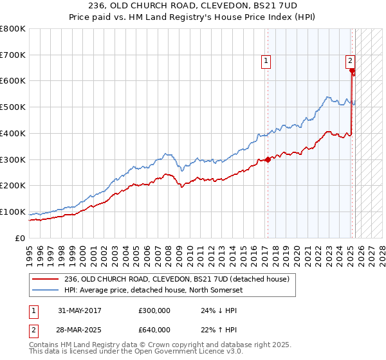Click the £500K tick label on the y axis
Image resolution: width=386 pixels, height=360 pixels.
pos(12,107)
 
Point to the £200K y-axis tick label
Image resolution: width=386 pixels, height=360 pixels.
pos(12,186)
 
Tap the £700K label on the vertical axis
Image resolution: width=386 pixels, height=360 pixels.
pos(12,55)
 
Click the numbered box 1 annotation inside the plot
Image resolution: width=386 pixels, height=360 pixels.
pos(266,61)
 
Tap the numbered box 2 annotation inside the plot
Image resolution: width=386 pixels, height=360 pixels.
pos(350,61)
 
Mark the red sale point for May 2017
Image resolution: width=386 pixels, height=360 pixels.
pos(268,159)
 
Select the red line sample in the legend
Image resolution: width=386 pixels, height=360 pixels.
pos(46,278)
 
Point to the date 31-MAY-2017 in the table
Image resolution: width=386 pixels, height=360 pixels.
pos(80,310)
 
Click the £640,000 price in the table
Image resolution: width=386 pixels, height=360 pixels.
pos(154,330)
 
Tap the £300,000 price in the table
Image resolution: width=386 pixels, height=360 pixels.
pos(154,310)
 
